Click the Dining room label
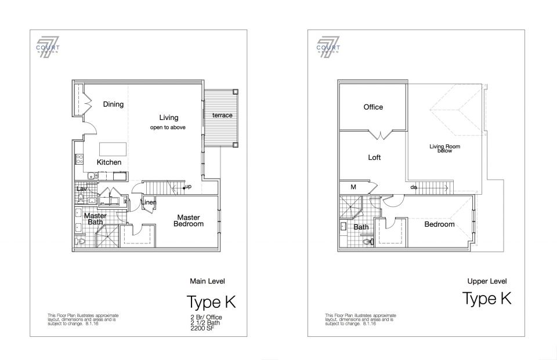(113, 104)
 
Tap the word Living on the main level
(168, 118)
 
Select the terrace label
(222, 115)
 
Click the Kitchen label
(109, 162)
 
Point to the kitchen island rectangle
(109, 148)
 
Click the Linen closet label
(149, 202)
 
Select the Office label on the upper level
(373, 107)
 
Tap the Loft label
(374, 158)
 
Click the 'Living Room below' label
(444, 148)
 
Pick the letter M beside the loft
(352, 187)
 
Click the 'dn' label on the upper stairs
(414, 187)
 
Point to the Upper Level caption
(487, 281)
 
